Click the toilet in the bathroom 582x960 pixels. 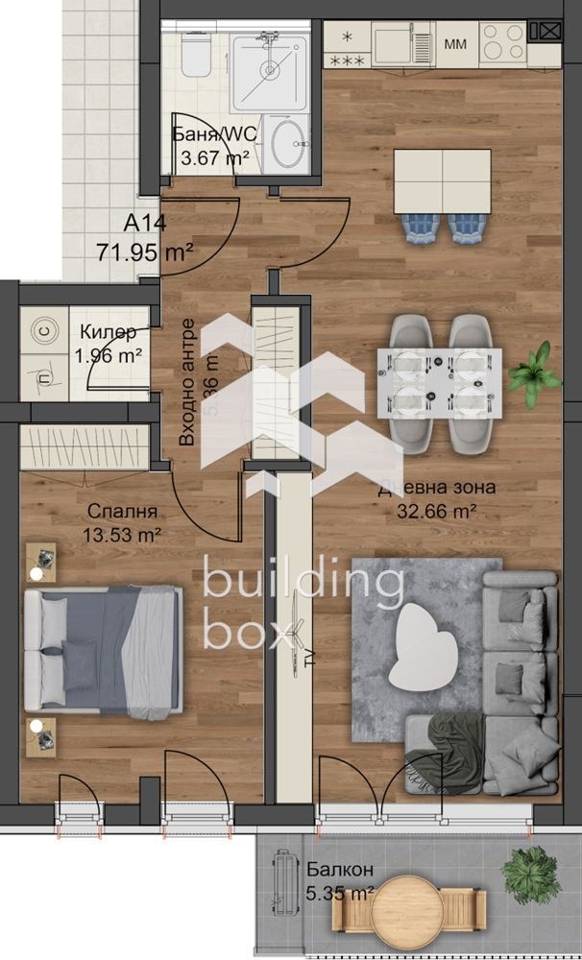click(194, 59)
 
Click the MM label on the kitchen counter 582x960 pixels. click(455, 44)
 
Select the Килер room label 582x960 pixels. click(109, 332)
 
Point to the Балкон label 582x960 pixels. click(341, 871)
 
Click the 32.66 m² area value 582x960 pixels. click(437, 510)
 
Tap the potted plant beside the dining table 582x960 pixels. click(534, 374)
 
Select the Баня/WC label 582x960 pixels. click(214, 134)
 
